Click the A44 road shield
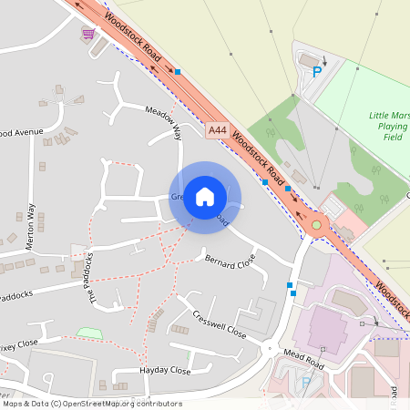click(216, 131)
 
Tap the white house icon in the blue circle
click(205, 196)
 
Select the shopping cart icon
click(88, 34)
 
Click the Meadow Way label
click(165, 122)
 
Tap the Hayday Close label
click(165, 372)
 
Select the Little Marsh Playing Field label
click(389, 126)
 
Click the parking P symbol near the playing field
click(317, 72)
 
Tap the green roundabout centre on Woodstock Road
click(316, 224)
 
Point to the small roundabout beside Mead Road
click(269, 348)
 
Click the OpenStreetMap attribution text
click(92, 403)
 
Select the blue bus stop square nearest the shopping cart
click(179, 71)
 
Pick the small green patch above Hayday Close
click(89, 333)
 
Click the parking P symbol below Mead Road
click(306, 383)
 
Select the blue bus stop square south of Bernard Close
click(291, 286)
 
